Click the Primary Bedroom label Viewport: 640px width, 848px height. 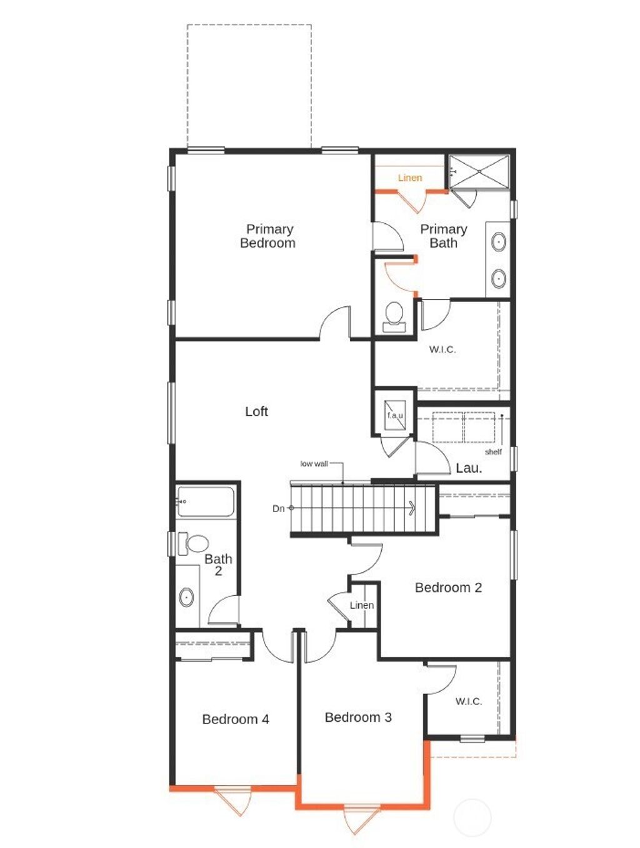(x=269, y=236)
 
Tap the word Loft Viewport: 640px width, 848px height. (x=256, y=411)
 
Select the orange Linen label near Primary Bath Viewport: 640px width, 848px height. (x=410, y=178)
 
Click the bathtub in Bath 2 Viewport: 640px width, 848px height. (x=206, y=502)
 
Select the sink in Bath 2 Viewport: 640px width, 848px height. (x=187, y=597)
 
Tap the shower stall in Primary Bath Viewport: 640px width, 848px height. (x=479, y=171)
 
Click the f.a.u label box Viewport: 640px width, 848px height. (x=395, y=415)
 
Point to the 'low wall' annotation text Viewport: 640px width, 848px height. (x=314, y=463)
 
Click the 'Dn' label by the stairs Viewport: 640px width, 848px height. (x=278, y=508)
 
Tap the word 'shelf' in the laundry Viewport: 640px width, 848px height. (x=493, y=452)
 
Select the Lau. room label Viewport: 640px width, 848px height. (x=469, y=468)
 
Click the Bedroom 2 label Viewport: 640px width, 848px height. (x=448, y=587)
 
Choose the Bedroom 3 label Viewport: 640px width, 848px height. (x=358, y=717)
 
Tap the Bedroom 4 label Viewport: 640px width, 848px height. (x=236, y=719)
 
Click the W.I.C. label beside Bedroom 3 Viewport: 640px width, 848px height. (x=468, y=701)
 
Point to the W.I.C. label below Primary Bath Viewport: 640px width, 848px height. (x=442, y=349)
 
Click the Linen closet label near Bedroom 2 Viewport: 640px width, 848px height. (x=362, y=605)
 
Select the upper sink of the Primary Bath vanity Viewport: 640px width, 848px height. (x=499, y=242)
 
